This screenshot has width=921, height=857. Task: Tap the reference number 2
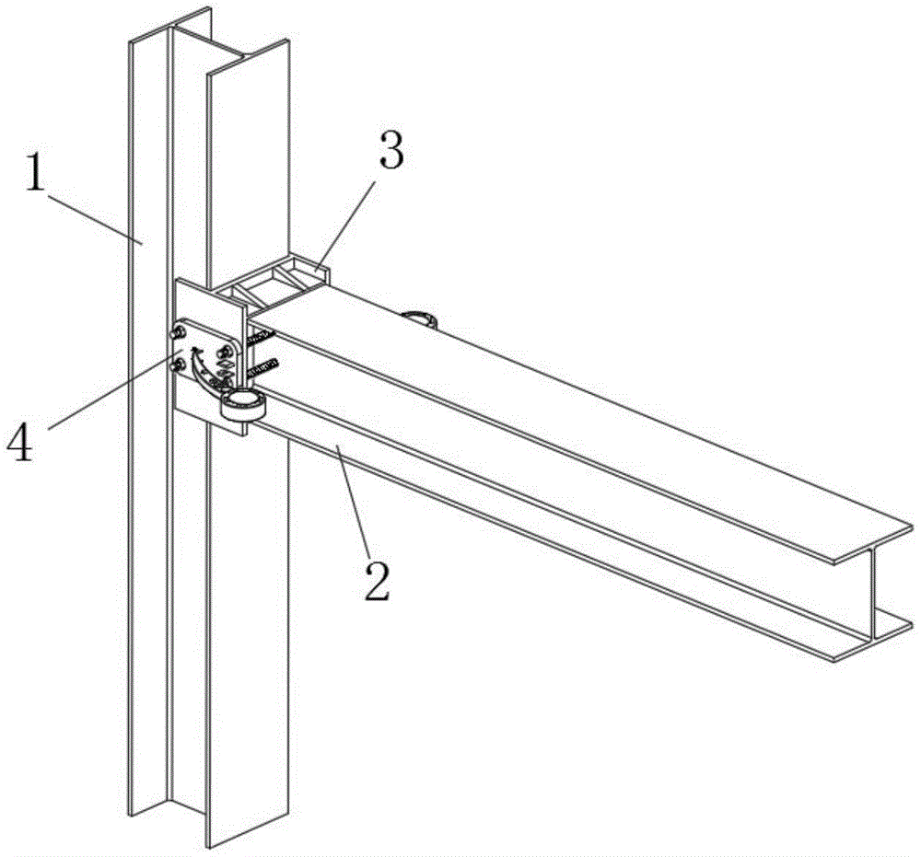point(375,577)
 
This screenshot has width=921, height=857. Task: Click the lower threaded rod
point(265,369)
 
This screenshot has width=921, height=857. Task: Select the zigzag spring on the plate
point(223,371)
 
